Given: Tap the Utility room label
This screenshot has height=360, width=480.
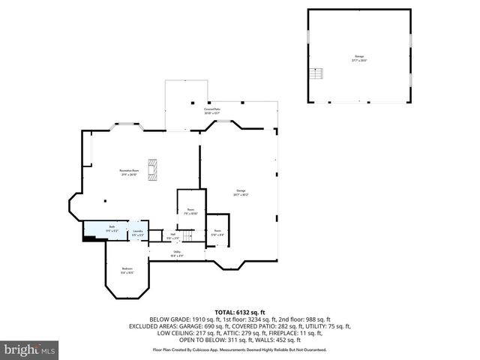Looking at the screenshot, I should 178,253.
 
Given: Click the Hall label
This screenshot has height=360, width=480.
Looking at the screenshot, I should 172,236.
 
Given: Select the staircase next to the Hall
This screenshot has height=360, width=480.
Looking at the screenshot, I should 193,236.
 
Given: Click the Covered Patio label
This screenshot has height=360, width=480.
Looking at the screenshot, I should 211,111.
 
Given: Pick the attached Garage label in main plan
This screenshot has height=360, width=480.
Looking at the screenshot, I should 241,192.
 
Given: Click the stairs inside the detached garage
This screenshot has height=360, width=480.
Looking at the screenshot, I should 318,74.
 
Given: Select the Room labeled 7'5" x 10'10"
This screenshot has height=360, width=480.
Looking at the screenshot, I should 191,212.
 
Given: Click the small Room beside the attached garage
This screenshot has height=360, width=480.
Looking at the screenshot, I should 217,232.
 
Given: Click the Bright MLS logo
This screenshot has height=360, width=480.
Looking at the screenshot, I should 30,349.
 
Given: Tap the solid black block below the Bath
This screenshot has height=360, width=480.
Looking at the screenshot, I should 89,239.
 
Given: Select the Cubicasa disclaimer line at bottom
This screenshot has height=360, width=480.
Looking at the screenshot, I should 239,349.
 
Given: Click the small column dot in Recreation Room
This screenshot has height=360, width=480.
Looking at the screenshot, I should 105,200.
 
